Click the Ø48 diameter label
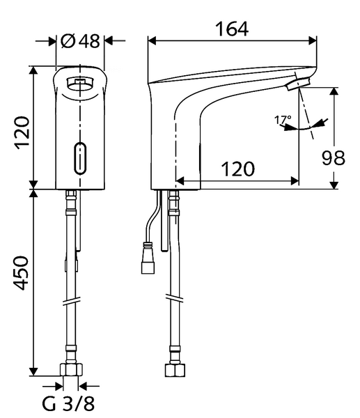point(80,41)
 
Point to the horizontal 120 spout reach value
point(238,169)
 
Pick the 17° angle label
point(282,121)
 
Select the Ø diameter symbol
point(68,41)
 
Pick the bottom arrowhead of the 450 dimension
point(33,372)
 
